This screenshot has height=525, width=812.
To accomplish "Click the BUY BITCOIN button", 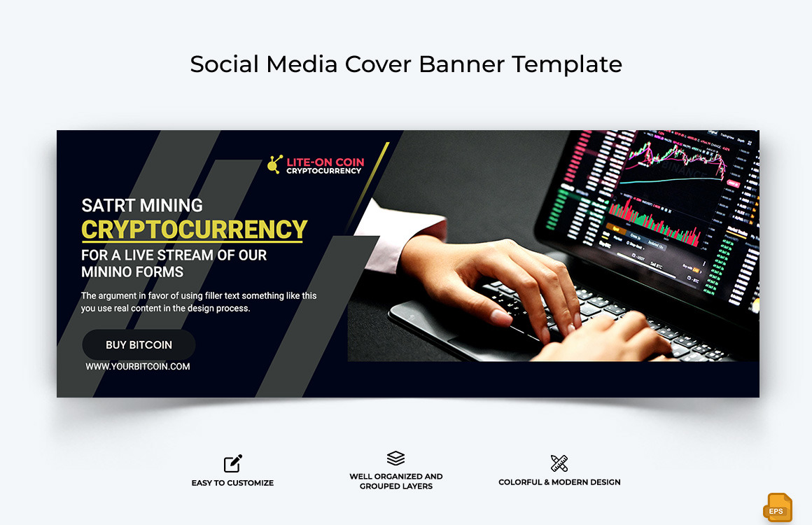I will coord(139,345).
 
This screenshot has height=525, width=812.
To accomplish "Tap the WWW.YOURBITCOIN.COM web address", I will coord(138,366).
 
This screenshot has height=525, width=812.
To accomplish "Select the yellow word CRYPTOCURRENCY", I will coord(195,230).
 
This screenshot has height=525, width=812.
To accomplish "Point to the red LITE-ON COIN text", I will coord(325,162).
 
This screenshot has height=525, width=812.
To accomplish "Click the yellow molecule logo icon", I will coord(275,164).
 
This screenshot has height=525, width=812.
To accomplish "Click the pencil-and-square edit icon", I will coord(232,463).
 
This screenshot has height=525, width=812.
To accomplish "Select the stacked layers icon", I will coord(395,458).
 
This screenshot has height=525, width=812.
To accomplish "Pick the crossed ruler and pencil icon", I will coord(559,463).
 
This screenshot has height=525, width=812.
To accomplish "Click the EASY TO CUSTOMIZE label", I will coord(232,483).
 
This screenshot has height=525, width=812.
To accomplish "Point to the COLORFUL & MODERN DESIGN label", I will coord(559,482).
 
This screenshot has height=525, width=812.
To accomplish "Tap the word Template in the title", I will coord(567,64).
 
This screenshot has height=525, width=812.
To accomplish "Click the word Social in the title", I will coord(221,64).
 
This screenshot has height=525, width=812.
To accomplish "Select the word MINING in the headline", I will coord(171,206).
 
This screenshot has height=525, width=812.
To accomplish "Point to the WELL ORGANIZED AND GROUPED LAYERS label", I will coord(396,481).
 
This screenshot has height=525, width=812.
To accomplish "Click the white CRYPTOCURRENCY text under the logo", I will coord(324,171).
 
